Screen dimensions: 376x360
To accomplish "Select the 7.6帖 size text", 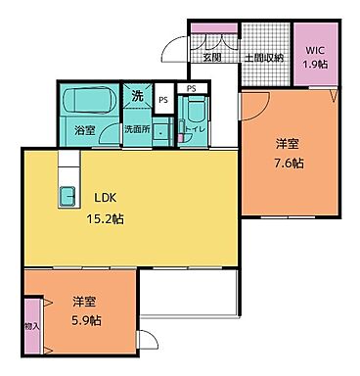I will (289, 163).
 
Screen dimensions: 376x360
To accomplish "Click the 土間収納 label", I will (263, 58).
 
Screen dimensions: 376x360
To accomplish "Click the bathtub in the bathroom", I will (83, 102).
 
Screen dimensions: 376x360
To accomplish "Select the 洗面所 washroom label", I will (136, 128).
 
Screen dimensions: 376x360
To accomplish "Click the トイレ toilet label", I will (197, 128).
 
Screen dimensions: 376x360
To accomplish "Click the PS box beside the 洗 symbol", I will (163, 99).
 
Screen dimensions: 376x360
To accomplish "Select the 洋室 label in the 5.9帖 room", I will (86, 301).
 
